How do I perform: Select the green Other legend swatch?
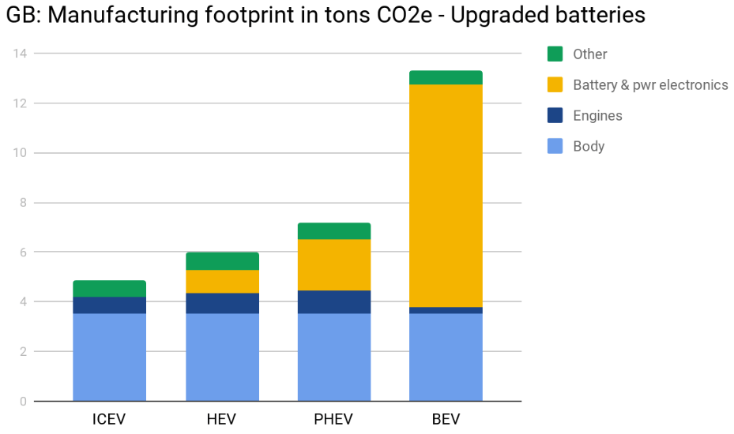pyautogui.click(x=555, y=54)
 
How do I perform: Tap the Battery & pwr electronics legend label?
pyautogui.click(x=650, y=84)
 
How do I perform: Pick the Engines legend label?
pyautogui.click(x=597, y=115)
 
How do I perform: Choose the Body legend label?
pyautogui.click(x=589, y=146)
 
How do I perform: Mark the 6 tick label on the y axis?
pyautogui.click(x=23, y=253)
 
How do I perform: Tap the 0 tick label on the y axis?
pyautogui.click(x=23, y=401)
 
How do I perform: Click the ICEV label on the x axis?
pyautogui.click(x=109, y=418)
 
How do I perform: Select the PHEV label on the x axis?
pyautogui.click(x=334, y=418)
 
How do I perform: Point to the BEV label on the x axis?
pyautogui.click(x=446, y=418)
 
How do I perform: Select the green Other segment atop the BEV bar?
pyautogui.click(x=446, y=77)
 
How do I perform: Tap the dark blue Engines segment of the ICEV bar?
pyautogui.click(x=109, y=305)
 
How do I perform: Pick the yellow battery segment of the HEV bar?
pyautogui.click(x=222, y=282)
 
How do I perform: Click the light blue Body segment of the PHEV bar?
pyautogui.click(x=334, y=357)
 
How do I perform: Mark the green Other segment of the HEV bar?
pyautogui.click(x=222, y=261)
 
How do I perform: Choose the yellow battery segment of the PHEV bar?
pyautogui.click(x=334, y=265)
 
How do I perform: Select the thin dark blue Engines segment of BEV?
pyautogui.click(x=446, y=310)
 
